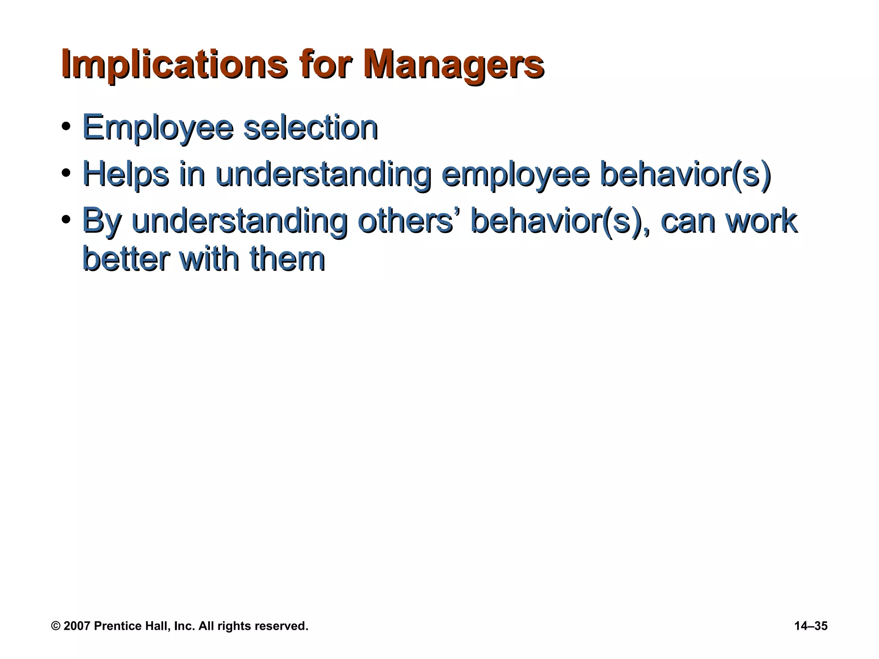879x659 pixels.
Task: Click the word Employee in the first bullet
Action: pyautogui.click(x=158, y=127)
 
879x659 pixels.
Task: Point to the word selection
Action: pyautogui.click(x=310, y=127)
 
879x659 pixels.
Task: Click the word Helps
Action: pyautogui.click(x=125, y=174)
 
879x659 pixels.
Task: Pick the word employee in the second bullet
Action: pyautogui.click(x=515, y=174)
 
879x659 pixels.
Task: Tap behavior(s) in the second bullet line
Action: pyautogui.click(x=685, y=174)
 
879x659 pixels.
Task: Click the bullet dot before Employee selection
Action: pyautogui.click(x=66, y=127)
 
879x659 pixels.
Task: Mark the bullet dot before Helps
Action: pyautogui.click(x=66, y=174)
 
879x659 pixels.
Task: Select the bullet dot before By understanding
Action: pyautogui.click(x=66, y=221)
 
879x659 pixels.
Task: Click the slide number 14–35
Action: pyautogui.click(x=811, y=626)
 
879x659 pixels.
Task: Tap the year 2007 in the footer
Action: pyautogui.click(x=77, y=626)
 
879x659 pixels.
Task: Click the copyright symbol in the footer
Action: pyautogui.click(x=56, y=626)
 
